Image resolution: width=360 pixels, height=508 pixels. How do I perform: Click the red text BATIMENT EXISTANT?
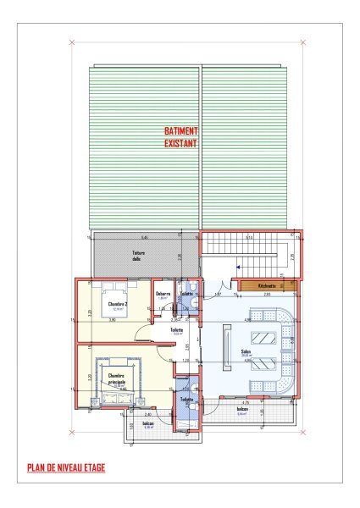pyautogui.click(x=181, y=138)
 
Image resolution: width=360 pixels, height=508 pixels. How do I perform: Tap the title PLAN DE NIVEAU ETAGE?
pyautogui.click(x=66, y=467)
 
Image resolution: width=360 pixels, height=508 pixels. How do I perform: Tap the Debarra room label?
pyautogui.click(x=163, y=294)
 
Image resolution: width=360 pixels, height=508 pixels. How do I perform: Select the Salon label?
pyautogui.click(x=246, y=352)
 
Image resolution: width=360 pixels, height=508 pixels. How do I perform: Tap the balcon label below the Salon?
pyautogui.click(x=242, y=409)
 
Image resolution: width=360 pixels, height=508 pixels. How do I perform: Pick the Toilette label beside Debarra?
pyautogui.click(x=187, y=293)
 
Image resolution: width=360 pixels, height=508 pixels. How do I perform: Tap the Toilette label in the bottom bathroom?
pyautogui.click(x=186, y=399)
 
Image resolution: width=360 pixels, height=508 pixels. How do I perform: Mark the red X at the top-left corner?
pyautogui.click(x=73, y=42)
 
